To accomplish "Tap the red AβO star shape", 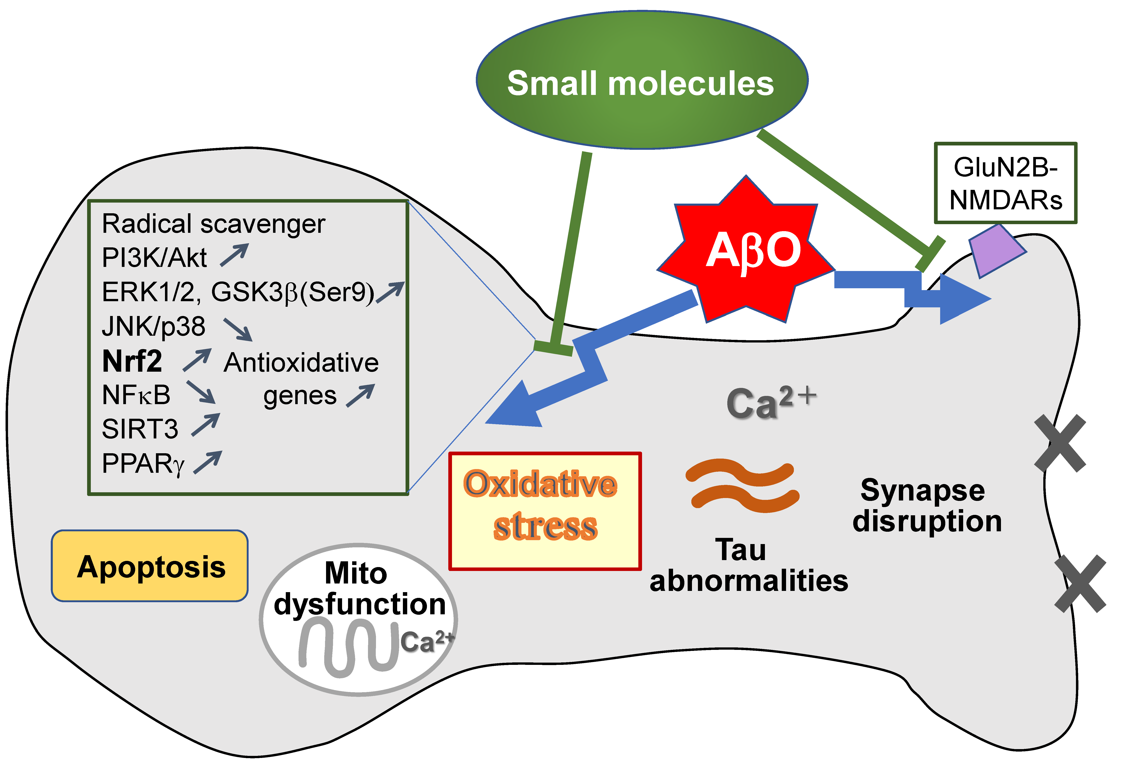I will click(747, 251).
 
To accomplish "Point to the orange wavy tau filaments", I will click(742, 486).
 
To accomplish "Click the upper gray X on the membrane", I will click(1060, 443).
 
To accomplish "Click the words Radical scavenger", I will click(214, 224).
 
